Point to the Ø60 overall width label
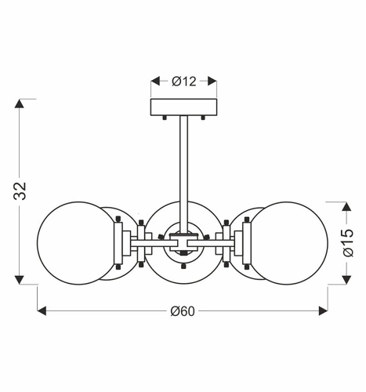point(183,311)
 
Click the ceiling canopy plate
point(183,106)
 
